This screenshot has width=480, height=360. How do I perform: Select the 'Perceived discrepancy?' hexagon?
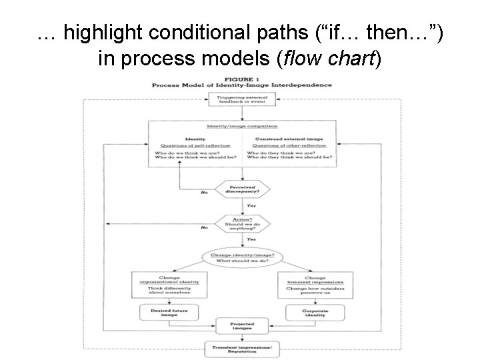click(241, 189)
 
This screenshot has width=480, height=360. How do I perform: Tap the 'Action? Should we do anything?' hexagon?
click(241, 223)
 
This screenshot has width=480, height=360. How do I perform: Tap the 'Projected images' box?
click(241, 327)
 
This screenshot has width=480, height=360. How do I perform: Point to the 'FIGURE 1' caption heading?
click(241, 79)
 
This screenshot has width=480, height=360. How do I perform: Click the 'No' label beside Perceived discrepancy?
click(205, 193)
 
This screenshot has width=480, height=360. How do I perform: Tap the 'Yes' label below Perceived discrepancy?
click(251, 206)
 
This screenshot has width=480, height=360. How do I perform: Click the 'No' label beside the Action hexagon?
click(205, 228)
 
